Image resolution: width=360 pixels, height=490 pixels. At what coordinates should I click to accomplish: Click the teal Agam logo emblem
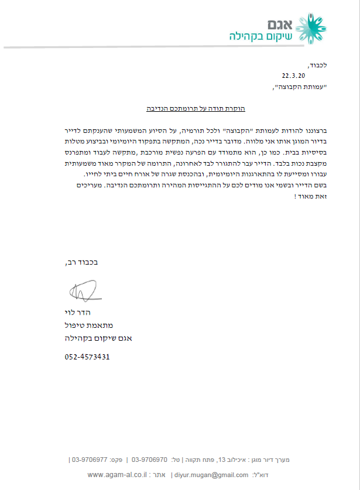[x=312, y=28]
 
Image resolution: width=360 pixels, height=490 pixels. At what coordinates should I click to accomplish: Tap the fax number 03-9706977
[x=88, y=460]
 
